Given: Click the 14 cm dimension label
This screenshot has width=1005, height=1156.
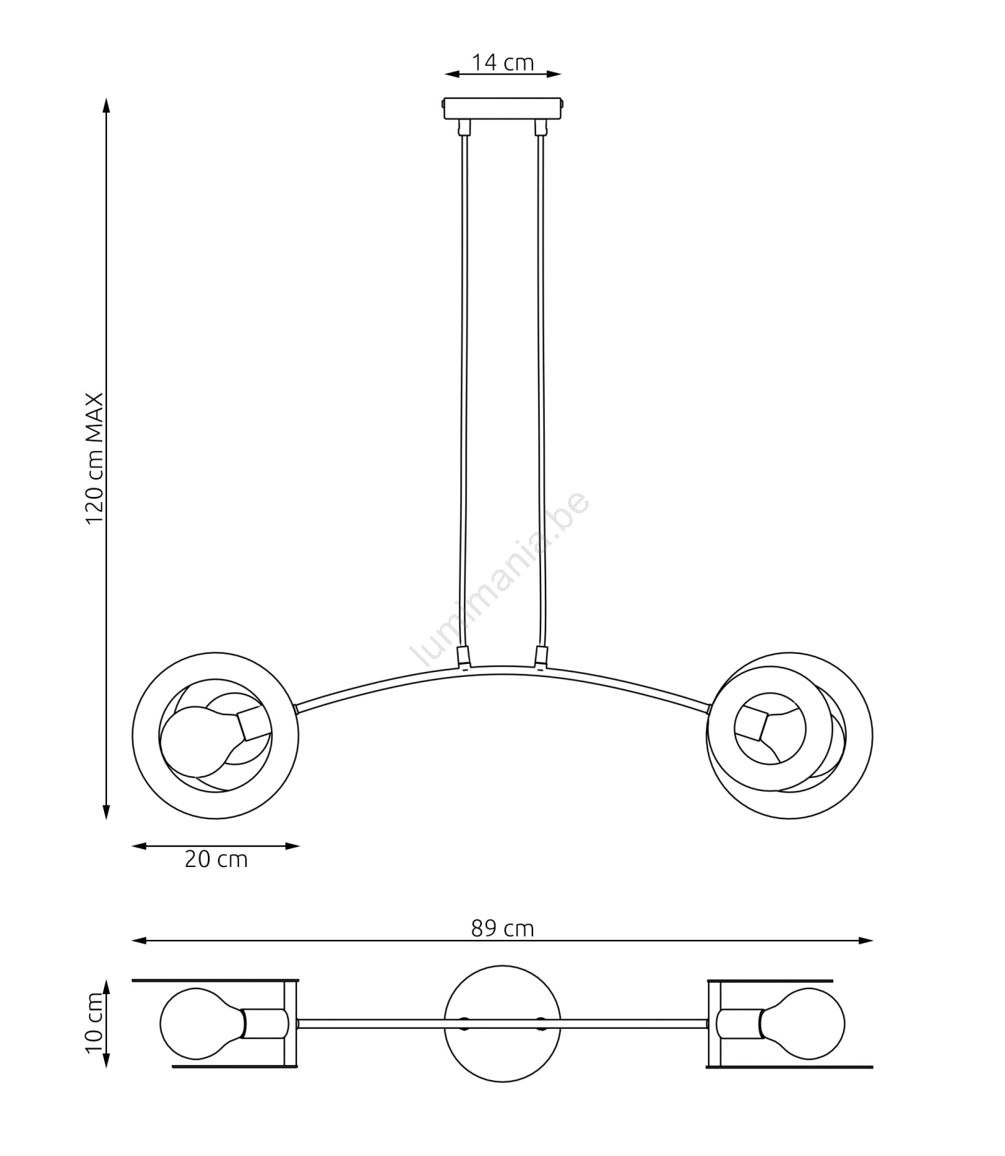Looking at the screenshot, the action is (x=503, y=62).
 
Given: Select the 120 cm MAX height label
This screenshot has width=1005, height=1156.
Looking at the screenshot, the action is (x=95, y=460).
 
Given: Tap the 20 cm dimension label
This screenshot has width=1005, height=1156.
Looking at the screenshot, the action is (x=216, y=859).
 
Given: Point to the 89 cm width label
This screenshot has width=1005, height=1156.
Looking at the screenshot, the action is (x=503, y=928).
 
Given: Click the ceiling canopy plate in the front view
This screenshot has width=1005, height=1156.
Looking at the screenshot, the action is (x=503, y=109).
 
